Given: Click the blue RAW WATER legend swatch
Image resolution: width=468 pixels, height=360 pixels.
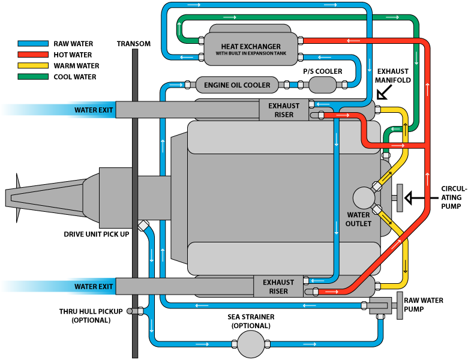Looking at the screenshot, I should [x=34, y=44].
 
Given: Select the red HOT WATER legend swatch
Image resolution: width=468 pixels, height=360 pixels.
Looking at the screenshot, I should [x=34, y=55].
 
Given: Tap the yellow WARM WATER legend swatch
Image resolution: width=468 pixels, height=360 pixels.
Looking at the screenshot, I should [x=34, y=66].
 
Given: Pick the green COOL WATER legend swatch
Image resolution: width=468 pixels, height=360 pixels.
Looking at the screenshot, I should [x=34, y=77].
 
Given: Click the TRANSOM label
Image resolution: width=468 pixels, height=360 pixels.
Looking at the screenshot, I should [x=134, y=44].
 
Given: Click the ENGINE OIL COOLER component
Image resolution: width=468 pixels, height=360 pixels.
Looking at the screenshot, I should [x=237, y=85].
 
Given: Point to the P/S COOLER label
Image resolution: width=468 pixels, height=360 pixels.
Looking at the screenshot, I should [x=322, y=71].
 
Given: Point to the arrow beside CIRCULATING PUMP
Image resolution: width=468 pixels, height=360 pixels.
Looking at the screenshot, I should [x=413, y=197].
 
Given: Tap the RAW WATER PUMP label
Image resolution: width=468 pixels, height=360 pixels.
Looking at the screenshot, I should [x=423, y=305].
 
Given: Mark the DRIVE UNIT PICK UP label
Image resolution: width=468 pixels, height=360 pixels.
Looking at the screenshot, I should [x=97, y=233].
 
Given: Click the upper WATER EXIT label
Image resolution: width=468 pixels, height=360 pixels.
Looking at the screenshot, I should [x=94, y=110].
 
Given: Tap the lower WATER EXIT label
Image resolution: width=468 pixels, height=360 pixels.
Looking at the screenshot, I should [x=94, y=287].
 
